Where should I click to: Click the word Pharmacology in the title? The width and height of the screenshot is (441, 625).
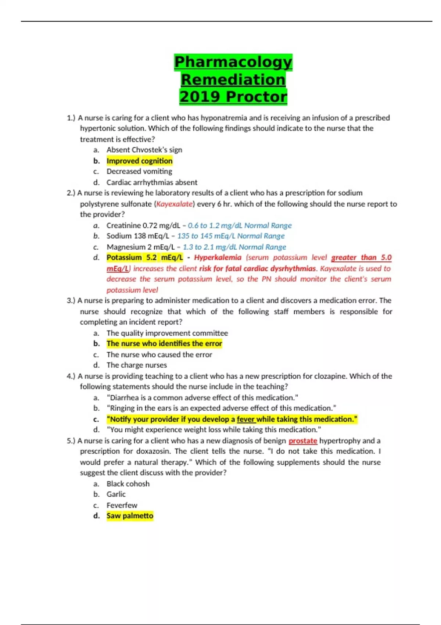tap(233, 62)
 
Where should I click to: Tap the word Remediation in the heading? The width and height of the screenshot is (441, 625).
tap(233, 79)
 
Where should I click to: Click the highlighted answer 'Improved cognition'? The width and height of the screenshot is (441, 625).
tap(139, 161)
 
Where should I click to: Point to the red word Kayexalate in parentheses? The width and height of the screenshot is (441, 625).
tap(174, 204)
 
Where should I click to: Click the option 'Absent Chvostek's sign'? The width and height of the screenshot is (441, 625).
tap(144, 150)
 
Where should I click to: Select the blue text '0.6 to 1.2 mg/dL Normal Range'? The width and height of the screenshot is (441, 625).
tap(240, 225)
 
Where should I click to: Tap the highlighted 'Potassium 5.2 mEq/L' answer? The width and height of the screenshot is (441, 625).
tap(144, 257)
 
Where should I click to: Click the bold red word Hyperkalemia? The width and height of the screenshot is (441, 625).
tap(218, 257)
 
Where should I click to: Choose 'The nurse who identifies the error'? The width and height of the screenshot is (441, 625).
tap(164, 343)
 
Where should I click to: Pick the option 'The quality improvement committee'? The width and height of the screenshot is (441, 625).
tap(167, 333)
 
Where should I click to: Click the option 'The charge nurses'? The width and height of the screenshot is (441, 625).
tap(137, 365)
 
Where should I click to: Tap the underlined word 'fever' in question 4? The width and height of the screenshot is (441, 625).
tap(246, 419)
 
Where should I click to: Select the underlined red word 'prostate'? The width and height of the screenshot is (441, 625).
tap(303, 440)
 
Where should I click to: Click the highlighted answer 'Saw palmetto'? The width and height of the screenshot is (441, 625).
tap(130, 515)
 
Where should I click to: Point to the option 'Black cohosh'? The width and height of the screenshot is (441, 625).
tap(128, 483)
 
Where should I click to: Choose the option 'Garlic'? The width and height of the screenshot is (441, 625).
tap(116, 494)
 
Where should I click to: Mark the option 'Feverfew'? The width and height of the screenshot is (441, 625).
tap(122, 505)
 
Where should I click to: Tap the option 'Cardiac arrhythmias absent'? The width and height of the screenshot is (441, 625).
tap(152, 182)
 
